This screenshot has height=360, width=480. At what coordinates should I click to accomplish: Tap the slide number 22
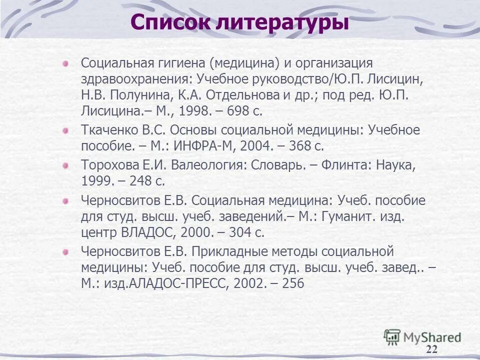pyautogui.click(x=432, y=349)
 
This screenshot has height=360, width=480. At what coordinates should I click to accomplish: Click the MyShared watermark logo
pyautogui.click(x=423, y=337)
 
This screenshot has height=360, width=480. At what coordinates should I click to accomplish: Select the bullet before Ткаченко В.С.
pyautogui.click(x=65, y=130)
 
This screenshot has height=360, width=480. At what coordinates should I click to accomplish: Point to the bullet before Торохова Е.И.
pyautogui.click(x=65, y=165)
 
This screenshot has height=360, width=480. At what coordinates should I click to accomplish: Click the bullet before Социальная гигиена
pyautogui.click(x=65, y=63)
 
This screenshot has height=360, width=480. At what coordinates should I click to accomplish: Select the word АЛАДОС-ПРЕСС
pyautogui.click(x=176, y=283)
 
